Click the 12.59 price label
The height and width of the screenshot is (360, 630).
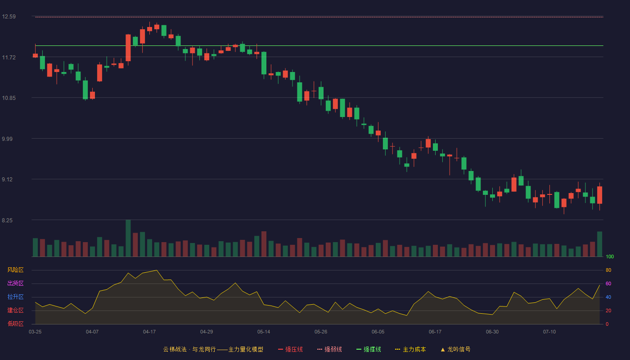point(9,17)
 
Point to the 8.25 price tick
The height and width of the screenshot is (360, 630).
point(7,220)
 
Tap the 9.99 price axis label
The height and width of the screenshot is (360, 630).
point(7,139)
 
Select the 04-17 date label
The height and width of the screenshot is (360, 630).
point(149,332)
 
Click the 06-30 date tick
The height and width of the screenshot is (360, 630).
point(492,332)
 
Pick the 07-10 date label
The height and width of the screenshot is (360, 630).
point(549,332)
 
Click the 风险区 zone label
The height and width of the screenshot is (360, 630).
point(15,270)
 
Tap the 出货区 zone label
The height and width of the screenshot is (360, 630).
point(15,283)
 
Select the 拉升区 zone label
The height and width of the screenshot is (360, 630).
point(15,297)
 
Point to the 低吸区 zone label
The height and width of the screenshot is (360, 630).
point(15,324)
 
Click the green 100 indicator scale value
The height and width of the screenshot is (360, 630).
point(610,256)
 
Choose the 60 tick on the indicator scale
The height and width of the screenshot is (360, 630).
point(608,283)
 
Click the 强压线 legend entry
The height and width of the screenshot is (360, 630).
point(290,349)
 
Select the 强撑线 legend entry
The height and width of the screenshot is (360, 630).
point(369,349)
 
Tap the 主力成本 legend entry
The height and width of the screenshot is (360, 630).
point(410,349)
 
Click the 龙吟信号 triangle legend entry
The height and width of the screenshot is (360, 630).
point(455,349)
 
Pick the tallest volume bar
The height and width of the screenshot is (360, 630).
point(128,238)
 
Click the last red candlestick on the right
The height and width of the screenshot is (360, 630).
point(599,195)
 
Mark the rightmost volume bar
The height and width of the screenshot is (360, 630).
point(599,244)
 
